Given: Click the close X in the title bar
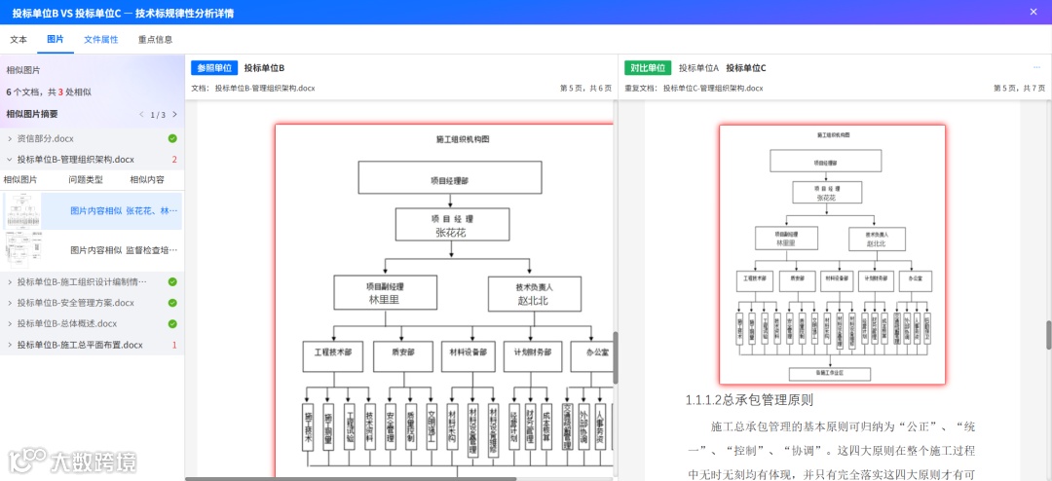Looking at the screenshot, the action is click(1033, 12).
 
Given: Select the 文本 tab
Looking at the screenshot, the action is click(19, 40).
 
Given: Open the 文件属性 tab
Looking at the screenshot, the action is click(101, 40).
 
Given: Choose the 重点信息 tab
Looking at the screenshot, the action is click(156, 40).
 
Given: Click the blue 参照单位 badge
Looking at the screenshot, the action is click(214, 68).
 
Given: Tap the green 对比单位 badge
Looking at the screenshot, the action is click(648, 68).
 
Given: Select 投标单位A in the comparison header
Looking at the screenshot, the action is click(698, 68).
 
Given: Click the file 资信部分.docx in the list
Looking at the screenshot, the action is click(45, 138).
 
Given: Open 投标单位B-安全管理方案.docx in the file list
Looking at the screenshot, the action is click(76, 303).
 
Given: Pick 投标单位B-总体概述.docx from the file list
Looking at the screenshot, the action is click(67, 323).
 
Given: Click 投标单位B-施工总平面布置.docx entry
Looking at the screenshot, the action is click(80, 345).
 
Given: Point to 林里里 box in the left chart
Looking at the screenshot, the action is click(384, 293).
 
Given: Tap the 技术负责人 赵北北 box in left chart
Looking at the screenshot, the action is click(534, 293).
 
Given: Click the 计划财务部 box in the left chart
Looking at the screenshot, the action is click(533, 351).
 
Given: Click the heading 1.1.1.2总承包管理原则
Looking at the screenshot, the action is click(748, 399).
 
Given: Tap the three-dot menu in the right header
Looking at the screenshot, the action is click(1036, 68).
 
